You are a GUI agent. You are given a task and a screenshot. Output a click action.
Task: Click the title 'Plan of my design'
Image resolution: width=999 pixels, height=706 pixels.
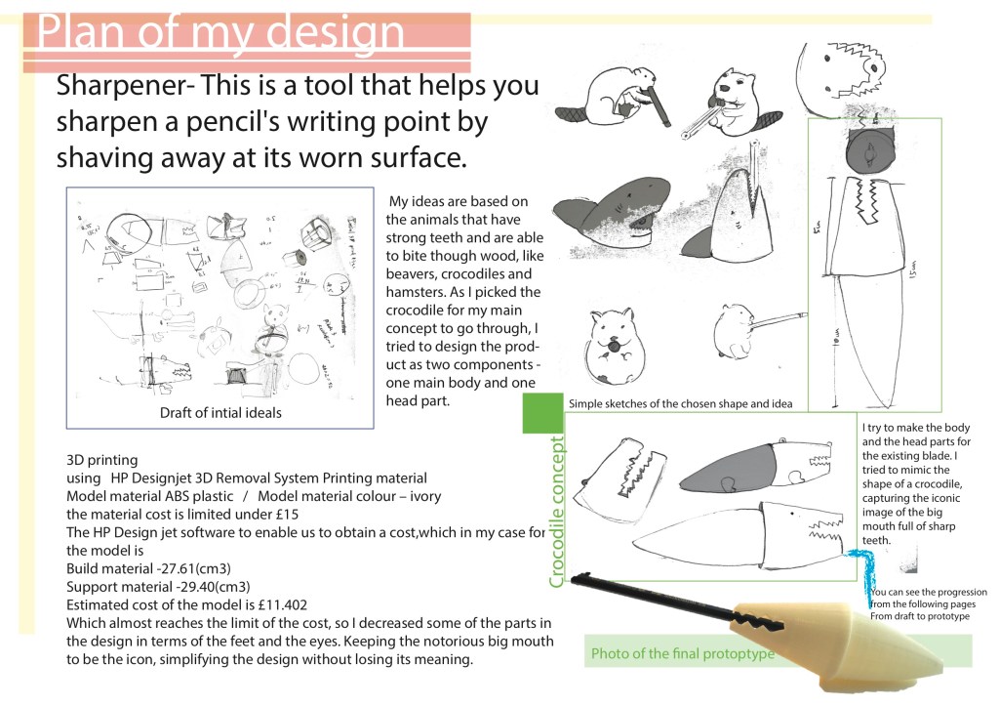coord(222,32)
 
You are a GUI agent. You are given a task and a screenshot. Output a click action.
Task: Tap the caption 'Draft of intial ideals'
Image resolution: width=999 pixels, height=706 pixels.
coord(220,413)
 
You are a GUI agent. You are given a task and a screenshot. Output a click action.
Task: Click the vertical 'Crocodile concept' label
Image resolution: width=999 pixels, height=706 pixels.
coord(557,511)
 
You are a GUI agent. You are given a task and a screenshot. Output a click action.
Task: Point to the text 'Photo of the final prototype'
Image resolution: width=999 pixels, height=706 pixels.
coord(682,653)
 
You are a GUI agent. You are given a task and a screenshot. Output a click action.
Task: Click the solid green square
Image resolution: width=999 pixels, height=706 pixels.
coord(543,413)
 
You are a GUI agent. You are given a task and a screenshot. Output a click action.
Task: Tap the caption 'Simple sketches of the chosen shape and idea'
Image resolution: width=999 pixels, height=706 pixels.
coord(680,403)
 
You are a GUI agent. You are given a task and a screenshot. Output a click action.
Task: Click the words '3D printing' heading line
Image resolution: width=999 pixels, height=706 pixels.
coord(101,460)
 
